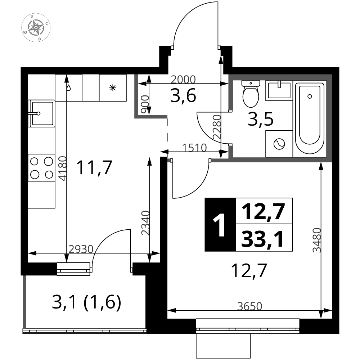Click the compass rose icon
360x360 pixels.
[x=36, y=28]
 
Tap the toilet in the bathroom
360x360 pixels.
[x=251, y=94]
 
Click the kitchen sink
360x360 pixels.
[x=41, y=113]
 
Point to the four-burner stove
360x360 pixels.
[x=41, y=168]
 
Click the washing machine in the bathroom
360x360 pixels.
[x=279, y=144]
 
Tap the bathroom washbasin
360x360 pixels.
[x=279, y=90]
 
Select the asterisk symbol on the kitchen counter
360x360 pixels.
[x=113, y=87]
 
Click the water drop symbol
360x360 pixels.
[x=68, y=88]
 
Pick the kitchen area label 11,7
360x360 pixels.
[x=94, y=168]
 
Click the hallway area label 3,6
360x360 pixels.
[x=183, y=96]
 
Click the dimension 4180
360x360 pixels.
[x=62, y=168]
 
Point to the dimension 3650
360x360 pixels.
[x=249, y=306]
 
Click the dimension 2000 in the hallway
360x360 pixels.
[x=183, y=80]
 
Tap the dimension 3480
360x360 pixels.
[x=316, y=240]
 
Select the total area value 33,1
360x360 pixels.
[x=263, y=239]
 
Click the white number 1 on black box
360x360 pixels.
[x=219, y=224]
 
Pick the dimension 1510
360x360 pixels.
[x=194, y=148]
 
